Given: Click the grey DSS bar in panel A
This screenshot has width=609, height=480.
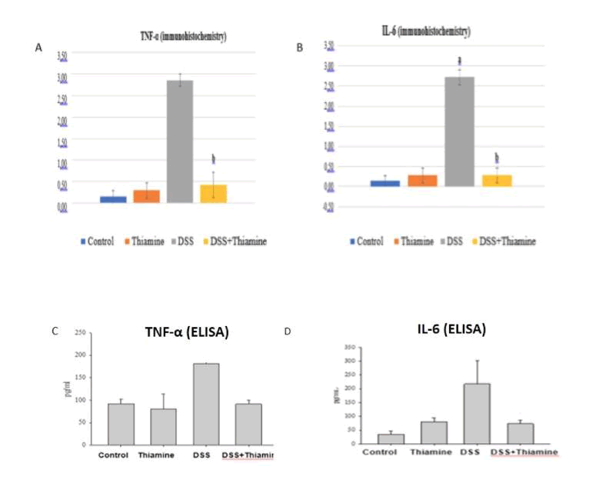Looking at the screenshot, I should tap(180, 142).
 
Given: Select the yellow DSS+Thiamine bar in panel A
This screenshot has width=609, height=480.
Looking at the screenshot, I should tap(214, 193).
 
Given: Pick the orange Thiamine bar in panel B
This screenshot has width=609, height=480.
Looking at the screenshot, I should tap(422, 181).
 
